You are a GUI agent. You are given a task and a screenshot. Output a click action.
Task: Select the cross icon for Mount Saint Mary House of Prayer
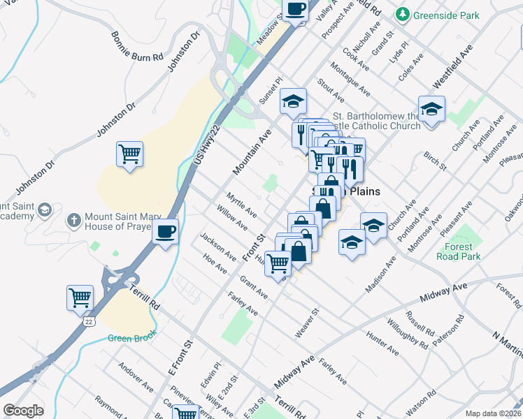[x=73, y=221]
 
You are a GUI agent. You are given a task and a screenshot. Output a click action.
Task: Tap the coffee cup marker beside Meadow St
[x=294, y=10]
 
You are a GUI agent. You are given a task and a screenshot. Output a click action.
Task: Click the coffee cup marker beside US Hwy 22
[x=165, y=231]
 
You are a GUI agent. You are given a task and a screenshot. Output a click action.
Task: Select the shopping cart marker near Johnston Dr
[x=129, y=154]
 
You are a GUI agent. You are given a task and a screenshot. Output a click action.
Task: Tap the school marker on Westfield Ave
[x=431, y=109]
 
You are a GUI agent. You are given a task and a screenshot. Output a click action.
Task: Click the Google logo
[x=23, y=410]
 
